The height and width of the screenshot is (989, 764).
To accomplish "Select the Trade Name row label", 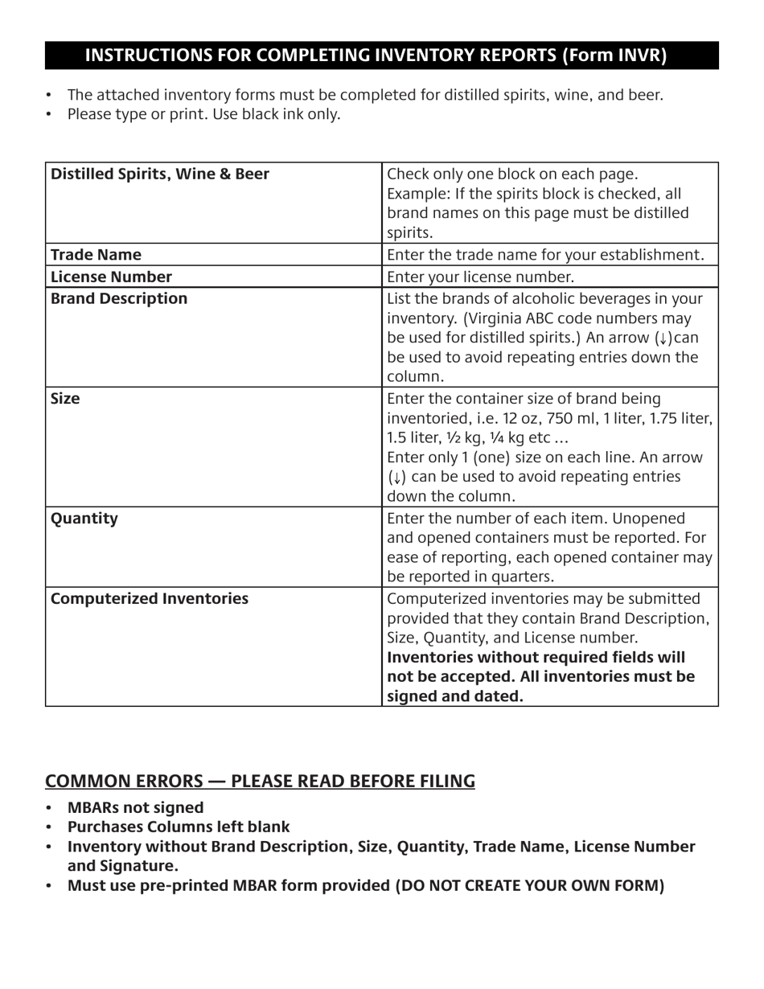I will point(96,255).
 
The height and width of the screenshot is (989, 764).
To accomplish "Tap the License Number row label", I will point(111,277).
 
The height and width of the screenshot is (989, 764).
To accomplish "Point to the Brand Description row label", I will point(119,299).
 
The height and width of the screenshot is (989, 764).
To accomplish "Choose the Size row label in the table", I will point(65,400).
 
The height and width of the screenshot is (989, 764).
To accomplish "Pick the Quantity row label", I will point(84,519).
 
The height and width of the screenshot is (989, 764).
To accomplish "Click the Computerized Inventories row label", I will point(150,599).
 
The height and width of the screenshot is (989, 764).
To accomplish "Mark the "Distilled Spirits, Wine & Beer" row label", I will point(160,174).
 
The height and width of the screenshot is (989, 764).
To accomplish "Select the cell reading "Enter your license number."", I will point(481,277).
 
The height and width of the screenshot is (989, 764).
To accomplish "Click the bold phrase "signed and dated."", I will point(455,696).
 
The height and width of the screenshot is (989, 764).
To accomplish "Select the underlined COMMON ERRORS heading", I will point(260,782).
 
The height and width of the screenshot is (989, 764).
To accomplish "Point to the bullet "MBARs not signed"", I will point(135,808).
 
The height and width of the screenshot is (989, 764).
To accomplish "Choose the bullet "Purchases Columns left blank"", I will point(179,827).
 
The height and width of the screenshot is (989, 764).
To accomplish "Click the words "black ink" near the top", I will point(265,114).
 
